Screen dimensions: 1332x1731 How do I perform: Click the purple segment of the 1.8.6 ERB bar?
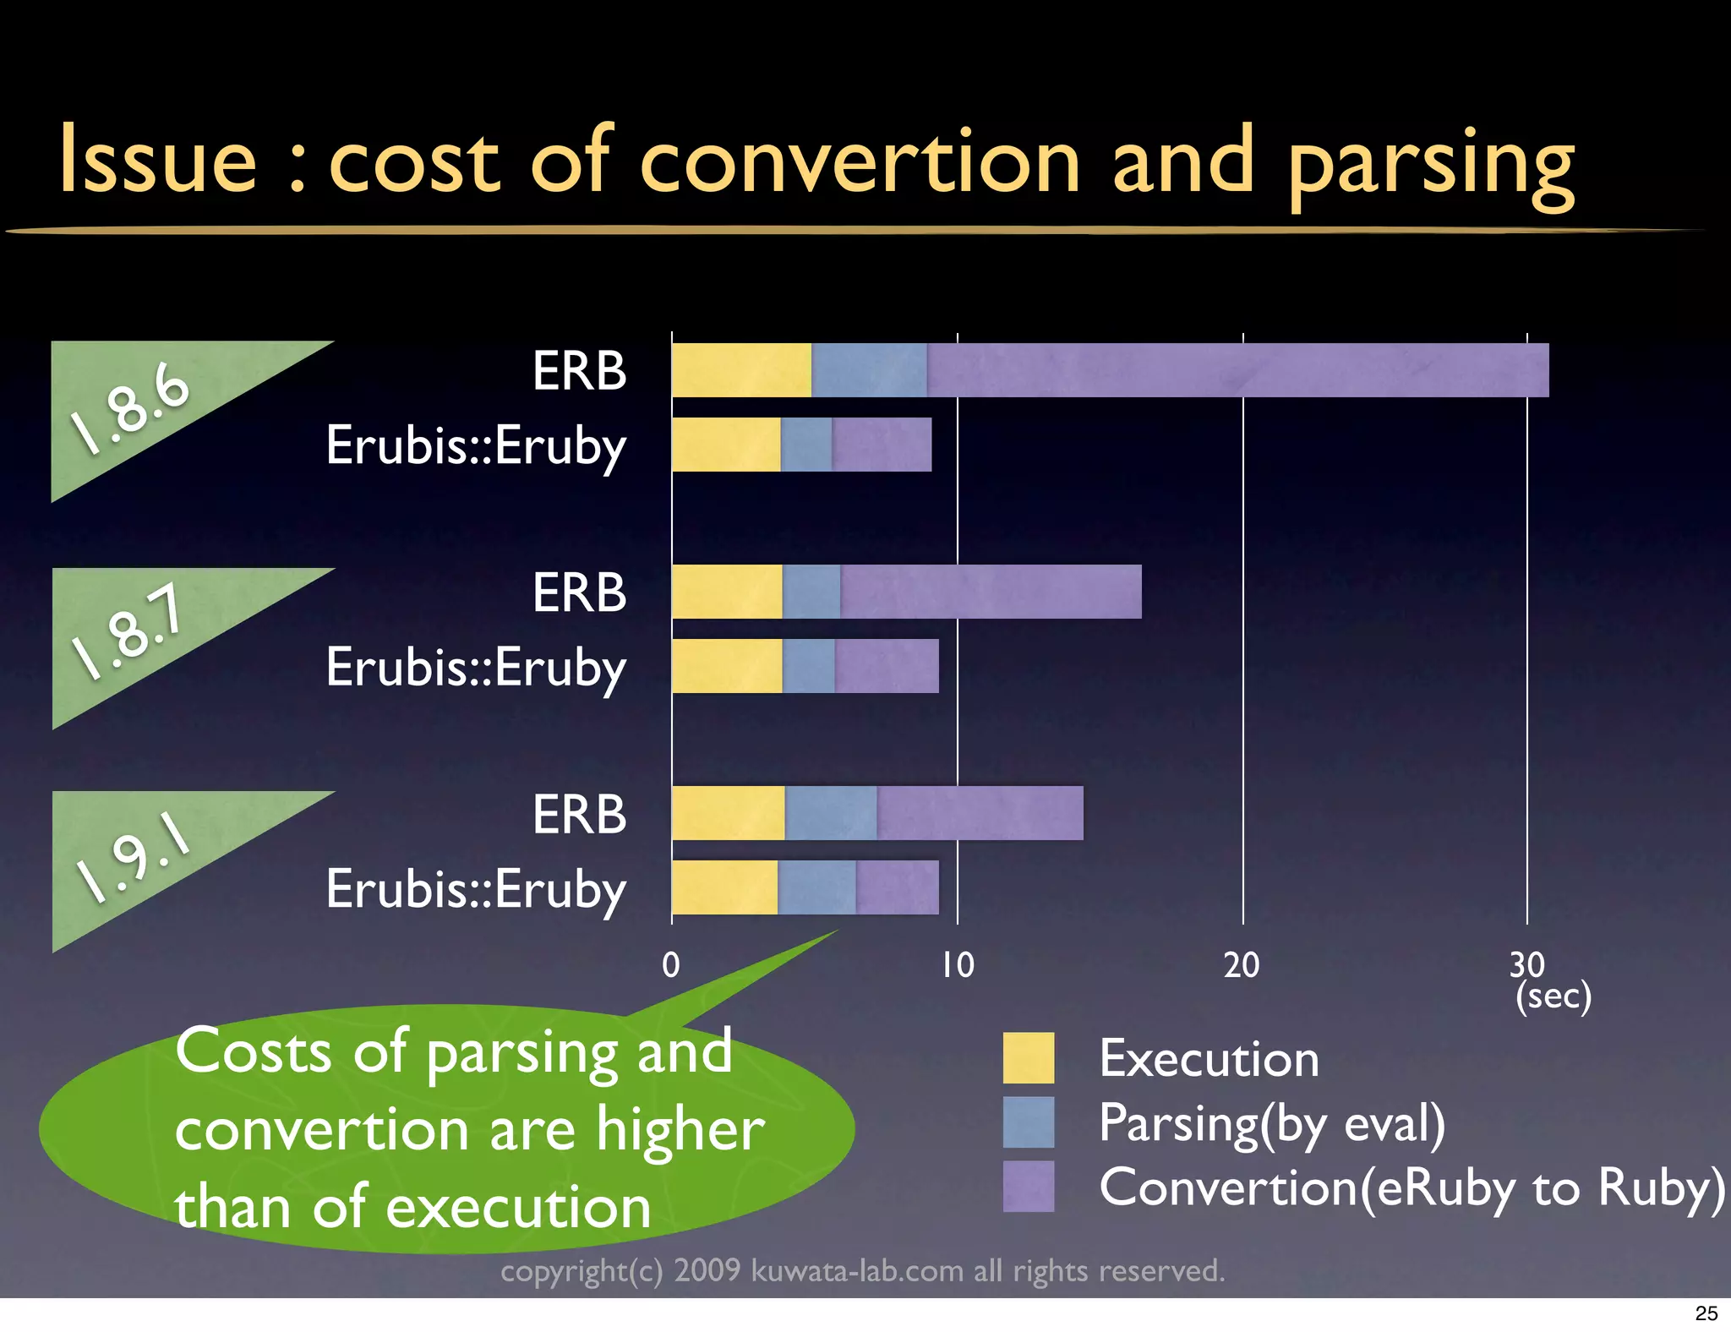click(x=1237, y=370)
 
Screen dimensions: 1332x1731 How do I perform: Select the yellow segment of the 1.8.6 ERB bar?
click(x=741, y=370)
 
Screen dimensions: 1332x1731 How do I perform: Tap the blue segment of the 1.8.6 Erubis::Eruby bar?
click(x=805, y=445)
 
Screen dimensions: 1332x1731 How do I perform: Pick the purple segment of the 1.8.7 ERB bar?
click(x=991, y=592)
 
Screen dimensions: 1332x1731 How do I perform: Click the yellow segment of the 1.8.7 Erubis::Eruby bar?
click(x=727, y=666)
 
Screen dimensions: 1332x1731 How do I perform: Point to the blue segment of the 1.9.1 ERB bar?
click(x=830, y=813)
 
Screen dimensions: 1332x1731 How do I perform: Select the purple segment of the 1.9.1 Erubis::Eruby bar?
click(x=897, y=887)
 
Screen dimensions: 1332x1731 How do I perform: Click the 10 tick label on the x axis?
click(x=958, y=965)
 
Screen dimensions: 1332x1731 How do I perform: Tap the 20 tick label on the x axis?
click(x=1242, y=965)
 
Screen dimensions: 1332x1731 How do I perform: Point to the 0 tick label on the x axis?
click(x=671, y=965)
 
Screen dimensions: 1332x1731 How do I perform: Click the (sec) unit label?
click(x=1554, y=996)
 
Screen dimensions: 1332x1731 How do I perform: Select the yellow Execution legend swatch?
click(x=1029, y=1057)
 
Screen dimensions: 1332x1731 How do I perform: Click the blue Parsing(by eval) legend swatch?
click(x=1029, y=1122)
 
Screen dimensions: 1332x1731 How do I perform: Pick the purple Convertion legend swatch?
click(x=1029, y=1187)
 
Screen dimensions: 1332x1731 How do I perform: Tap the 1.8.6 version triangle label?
click(x=131, y=407)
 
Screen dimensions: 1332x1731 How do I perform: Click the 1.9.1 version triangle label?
click(x=131, y=858)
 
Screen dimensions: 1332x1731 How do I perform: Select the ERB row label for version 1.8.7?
click(x=580, y=592)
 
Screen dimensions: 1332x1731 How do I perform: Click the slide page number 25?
click(x=1706, y=1313)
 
